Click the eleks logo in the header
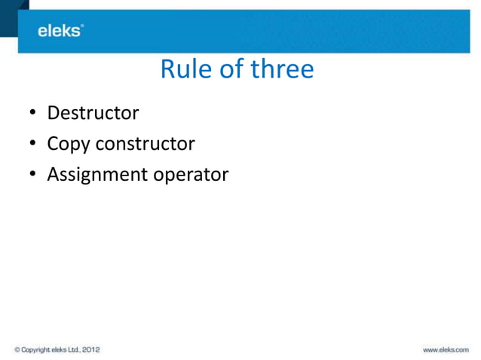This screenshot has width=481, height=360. [60, 31]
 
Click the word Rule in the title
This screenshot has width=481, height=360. [181, 70]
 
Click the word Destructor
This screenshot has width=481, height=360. [93, 113]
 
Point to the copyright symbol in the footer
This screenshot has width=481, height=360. [18, 349]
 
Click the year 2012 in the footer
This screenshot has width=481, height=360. [89, 349]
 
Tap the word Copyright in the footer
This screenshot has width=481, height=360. [35, 349]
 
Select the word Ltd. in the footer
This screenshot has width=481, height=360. [70, 349]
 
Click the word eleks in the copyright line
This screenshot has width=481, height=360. [57, 349]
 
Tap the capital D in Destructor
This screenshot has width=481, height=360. [54, 113]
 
